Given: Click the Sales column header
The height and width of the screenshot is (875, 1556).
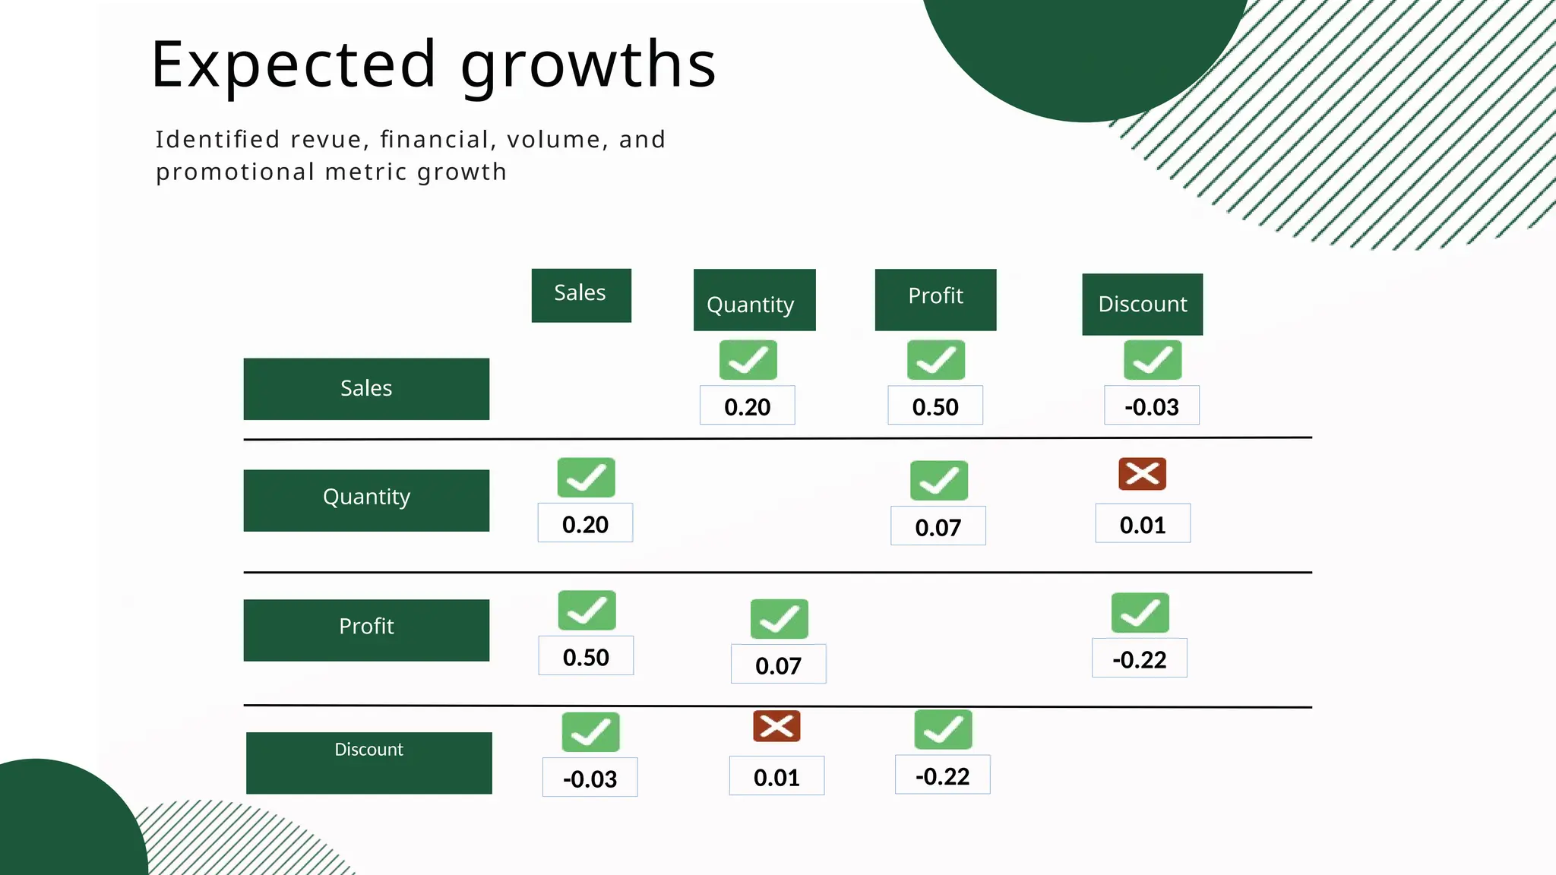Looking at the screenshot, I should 581,295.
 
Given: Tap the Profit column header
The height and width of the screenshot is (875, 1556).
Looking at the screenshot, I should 935,299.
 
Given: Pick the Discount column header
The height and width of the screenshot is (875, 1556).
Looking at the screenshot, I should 1142,304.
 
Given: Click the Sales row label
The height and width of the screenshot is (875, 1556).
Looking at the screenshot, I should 366,389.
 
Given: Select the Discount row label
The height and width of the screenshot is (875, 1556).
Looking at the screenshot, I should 368,762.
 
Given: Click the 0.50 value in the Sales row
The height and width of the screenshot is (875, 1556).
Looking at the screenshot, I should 935,406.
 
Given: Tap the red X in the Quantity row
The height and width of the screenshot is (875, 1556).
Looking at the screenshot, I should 1142,474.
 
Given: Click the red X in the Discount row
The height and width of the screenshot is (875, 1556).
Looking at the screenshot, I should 776,726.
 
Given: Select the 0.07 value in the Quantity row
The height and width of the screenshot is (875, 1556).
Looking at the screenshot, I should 938,526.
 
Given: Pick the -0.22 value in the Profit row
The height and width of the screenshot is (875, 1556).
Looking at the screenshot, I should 1139,659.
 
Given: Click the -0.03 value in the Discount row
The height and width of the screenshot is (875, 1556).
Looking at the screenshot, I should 590,778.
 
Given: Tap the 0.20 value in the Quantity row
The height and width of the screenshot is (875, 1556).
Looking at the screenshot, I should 585,523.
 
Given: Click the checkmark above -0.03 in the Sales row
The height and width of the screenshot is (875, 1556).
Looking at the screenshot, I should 1153,360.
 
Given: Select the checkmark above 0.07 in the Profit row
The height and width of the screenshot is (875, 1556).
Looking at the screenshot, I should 779,619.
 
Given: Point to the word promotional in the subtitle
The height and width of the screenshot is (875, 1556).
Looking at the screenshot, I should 235,172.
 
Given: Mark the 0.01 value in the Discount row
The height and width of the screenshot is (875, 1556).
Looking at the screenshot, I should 776,776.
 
